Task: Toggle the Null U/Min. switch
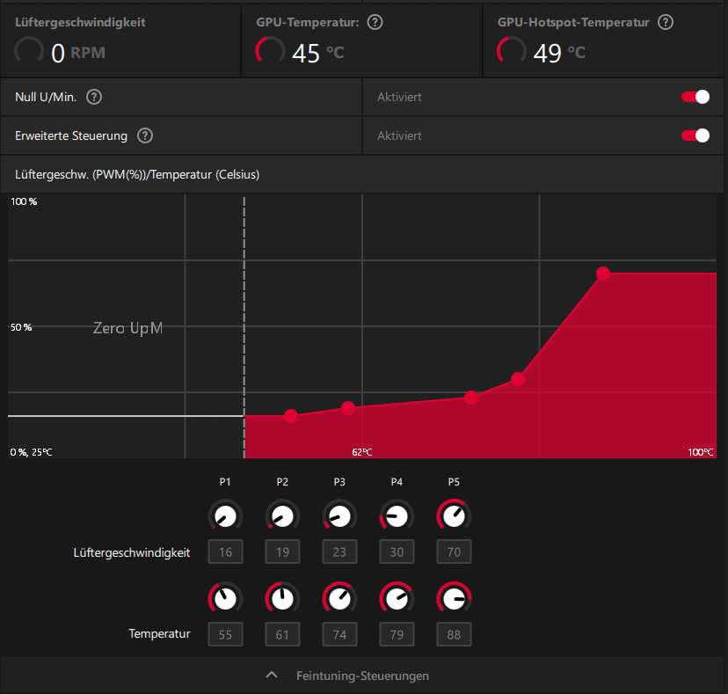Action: (x=695, y=97)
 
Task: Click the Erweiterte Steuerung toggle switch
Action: (x=695, y=135)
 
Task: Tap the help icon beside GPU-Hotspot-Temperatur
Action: (x=666, y=22)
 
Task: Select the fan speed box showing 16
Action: (x=226, y=552)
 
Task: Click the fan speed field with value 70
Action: (x=454, y=552)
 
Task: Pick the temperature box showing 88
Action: (x=454, y=633)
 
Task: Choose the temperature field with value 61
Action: (x=282, y=633)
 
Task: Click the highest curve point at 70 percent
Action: (x=603, y=274)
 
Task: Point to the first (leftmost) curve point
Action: (x=291, y=416)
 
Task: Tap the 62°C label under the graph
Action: (x=362, y=452)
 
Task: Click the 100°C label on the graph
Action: (x=701, y=452)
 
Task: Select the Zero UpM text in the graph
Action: (x=128, y=328)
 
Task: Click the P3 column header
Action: (x=339, y=482)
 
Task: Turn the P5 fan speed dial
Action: (x=454, y=515)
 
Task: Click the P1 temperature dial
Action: (x=226, y=599)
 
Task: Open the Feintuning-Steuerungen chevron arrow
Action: (x=273, y=676)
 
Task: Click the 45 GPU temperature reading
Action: (x=306, y=54)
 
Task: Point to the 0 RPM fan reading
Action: (x=59, y=54)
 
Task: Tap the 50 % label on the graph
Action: (x=21, y=327)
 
